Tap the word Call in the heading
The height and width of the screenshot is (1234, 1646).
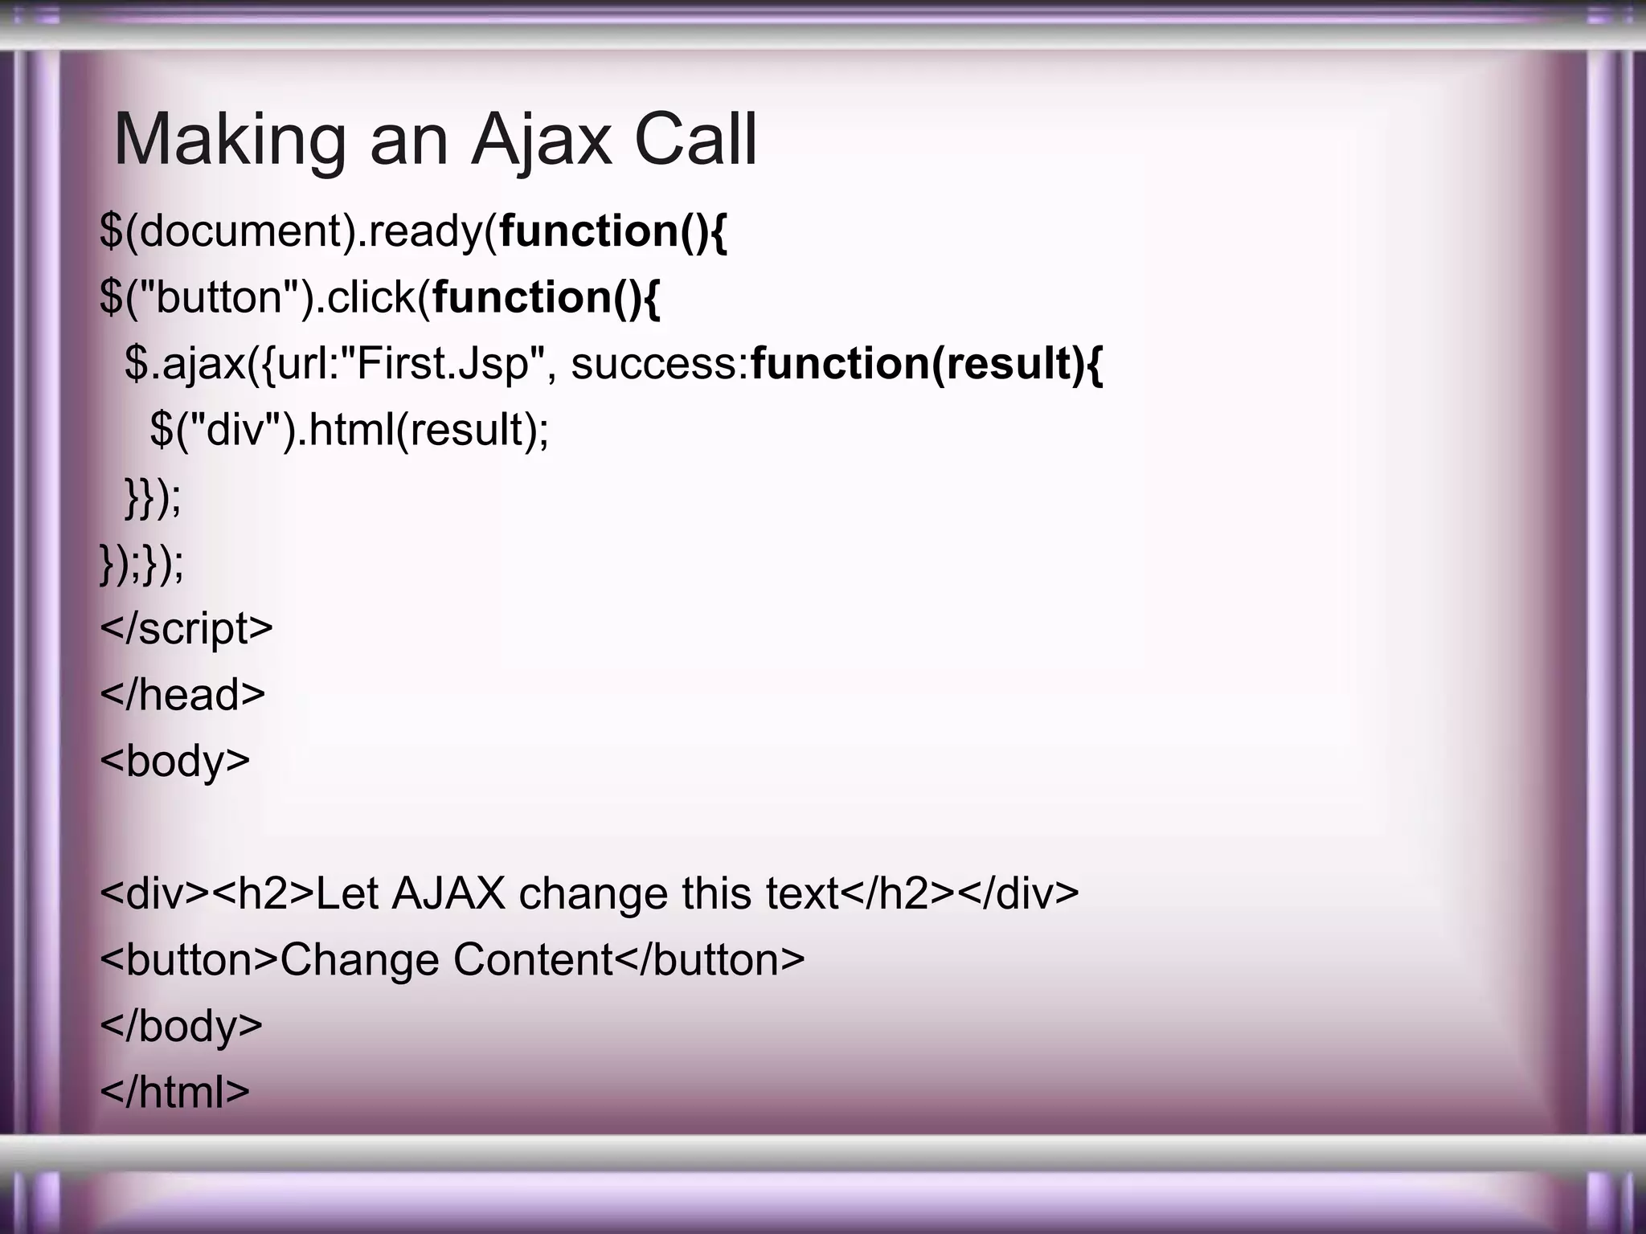coord(695,141)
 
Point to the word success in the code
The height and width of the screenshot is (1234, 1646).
coord(658,364)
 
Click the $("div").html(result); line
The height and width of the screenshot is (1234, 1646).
coord(349,430)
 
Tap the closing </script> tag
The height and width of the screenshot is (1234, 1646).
coord(186,628)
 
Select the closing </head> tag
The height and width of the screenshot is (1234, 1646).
coord(182,694)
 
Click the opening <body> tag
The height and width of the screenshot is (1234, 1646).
coord(175,761)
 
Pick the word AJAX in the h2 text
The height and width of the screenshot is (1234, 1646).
coord(448,893)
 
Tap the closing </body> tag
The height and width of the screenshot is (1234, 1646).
coord(182,1026)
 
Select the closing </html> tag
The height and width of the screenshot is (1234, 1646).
coord(175,1092)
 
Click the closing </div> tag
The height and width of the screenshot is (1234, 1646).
coord(1019,893)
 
